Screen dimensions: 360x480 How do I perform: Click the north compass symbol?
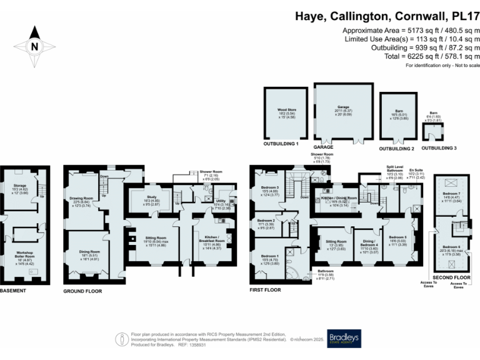click(33, 44)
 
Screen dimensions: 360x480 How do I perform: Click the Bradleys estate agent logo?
click(343, 338)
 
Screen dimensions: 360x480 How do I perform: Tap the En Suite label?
click(416, 169)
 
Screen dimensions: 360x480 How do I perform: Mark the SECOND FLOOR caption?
click(452, 277)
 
